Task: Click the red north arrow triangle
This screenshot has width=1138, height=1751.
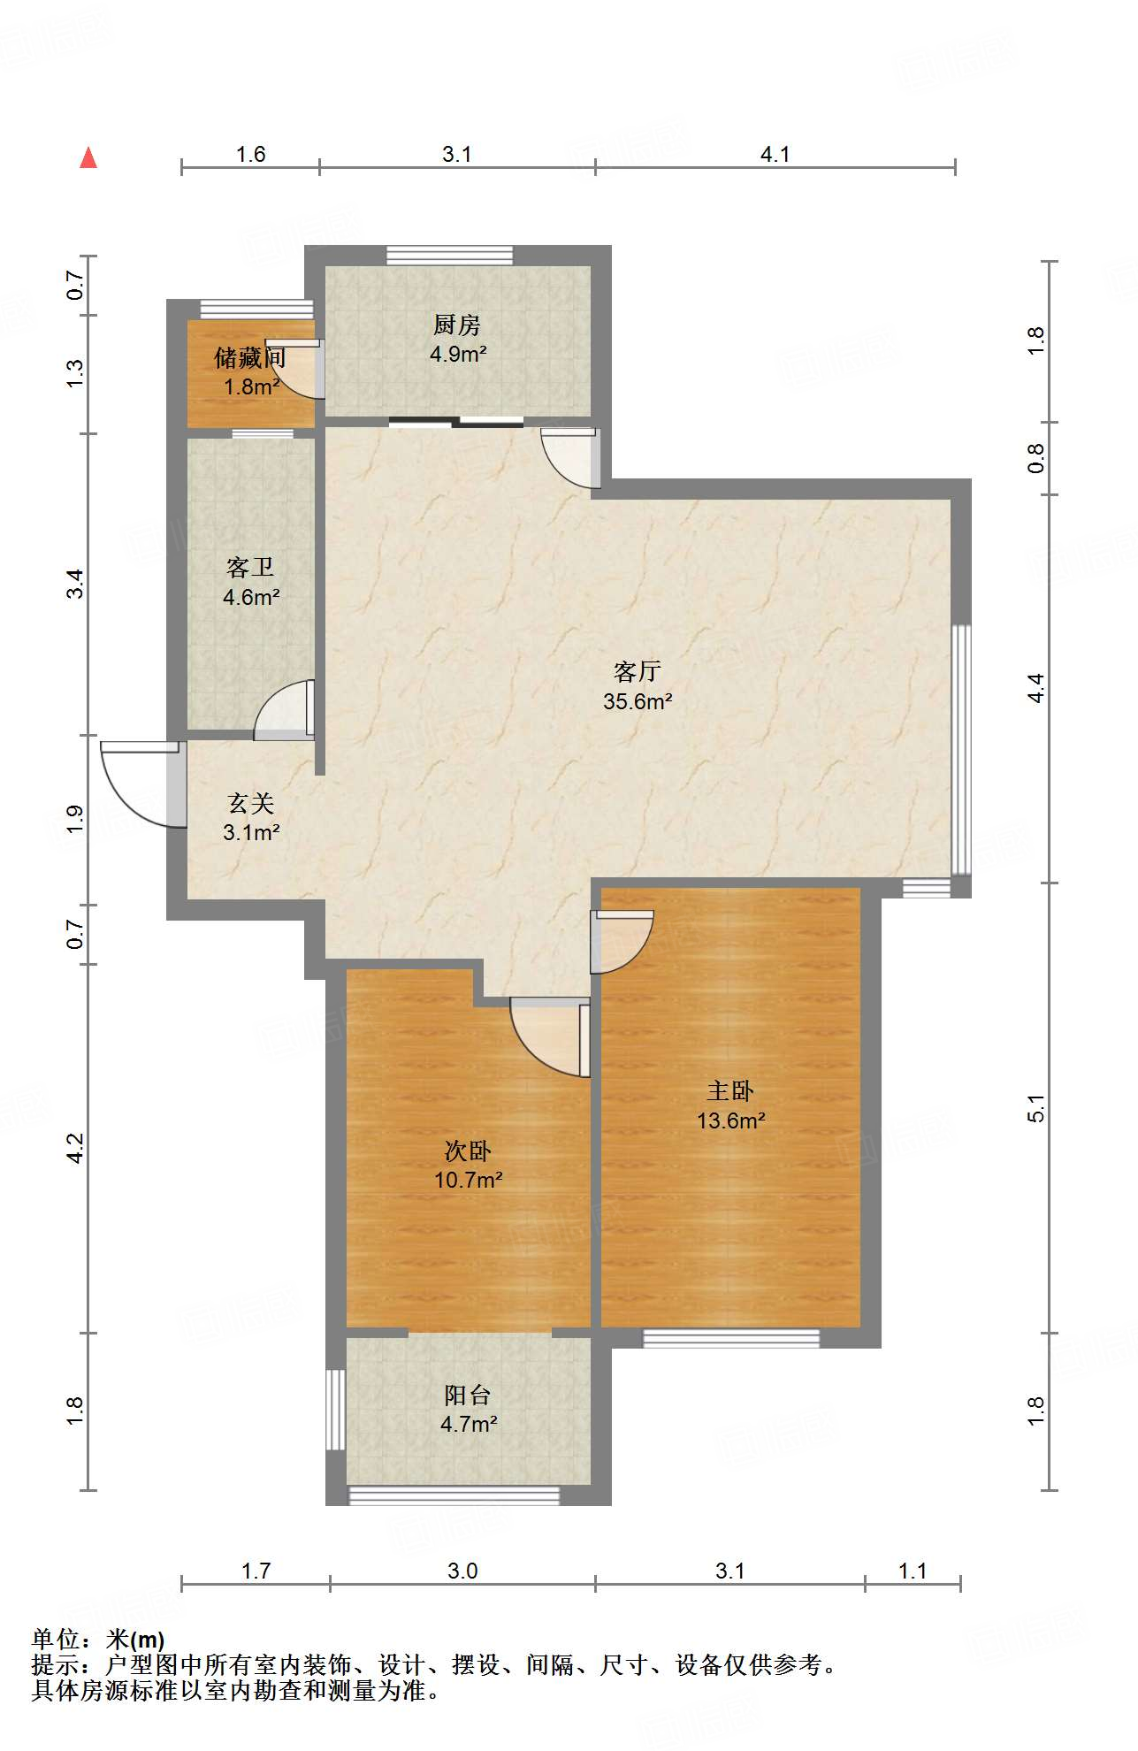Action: (x=88, y=157)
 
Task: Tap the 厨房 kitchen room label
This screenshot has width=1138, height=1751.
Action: (x=457, y=325)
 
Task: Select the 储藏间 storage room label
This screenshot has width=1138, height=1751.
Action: (x=250, y=357)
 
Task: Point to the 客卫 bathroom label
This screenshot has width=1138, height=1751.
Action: (x=250, y=567)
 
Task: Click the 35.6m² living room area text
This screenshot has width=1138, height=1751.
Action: (x=638, y=701)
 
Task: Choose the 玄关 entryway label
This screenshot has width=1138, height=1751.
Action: (x=251, y=803)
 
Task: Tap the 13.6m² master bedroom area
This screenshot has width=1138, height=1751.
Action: (x=730, y=1120)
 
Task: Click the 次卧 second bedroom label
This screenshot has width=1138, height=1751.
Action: (x=468, y=1151)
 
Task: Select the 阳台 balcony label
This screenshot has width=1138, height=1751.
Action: (x=468, y=1395)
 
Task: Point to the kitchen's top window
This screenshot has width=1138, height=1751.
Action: (x=449, y=255)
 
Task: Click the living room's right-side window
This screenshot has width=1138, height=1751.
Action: (x=961, y=750)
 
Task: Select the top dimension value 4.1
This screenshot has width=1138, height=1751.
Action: (x=775, y=154)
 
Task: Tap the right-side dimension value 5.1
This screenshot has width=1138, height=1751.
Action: (x=1035, y=1108)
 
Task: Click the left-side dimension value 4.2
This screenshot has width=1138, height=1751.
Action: (x=75, y=1148)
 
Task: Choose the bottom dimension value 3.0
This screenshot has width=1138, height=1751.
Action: (x=462, y=1571)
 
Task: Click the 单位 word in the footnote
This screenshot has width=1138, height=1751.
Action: (x=56, y=1640)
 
